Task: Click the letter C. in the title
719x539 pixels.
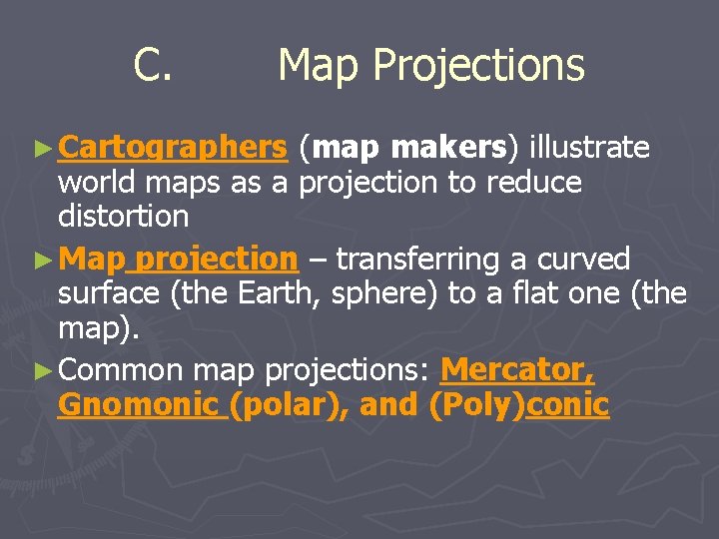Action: [155, 66]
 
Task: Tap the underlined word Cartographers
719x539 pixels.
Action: [173, 149]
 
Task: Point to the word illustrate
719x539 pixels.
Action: [589, 148]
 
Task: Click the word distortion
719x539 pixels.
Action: [123, 216]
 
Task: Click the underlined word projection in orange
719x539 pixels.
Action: [217, 260]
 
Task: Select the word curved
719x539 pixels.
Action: [584, 260]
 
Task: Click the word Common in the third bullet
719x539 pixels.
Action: [121, 370]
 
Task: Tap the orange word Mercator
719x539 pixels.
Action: [517, 370]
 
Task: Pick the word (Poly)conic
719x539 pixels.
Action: [517, 405]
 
